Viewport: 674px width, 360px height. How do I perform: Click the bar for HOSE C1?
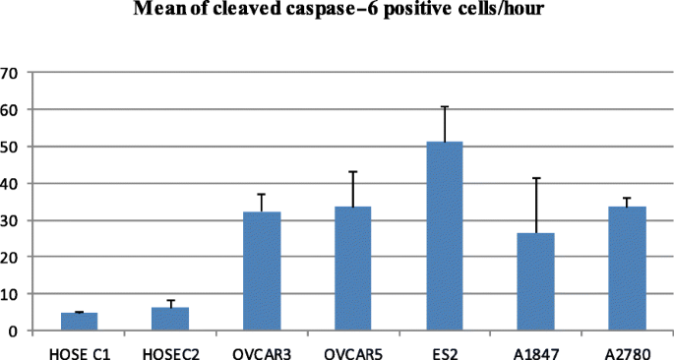[80, 322]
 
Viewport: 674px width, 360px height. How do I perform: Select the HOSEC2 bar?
[170, 319]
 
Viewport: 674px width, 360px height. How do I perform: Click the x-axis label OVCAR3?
[262, 346]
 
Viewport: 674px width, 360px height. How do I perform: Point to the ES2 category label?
[445, 346]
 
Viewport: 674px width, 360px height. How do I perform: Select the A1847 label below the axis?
[536, 346]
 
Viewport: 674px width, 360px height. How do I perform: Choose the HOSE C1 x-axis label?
[80, 346]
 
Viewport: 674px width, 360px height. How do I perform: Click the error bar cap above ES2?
[445, 106]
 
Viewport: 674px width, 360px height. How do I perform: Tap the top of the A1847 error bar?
[536, 178]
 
